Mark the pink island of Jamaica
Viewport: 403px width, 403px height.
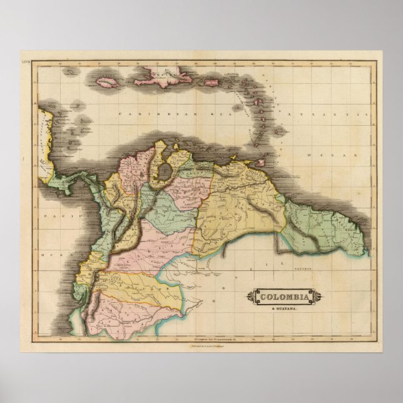(107, 80)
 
